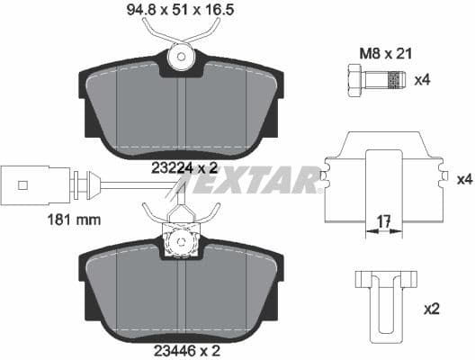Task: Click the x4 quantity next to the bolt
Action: click(422, 80)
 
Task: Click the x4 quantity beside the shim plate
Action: click(463, 179)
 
